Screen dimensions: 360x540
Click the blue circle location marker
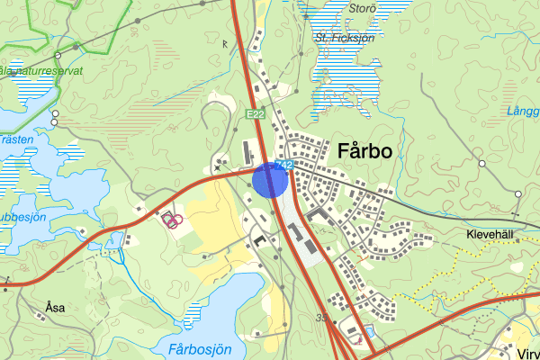[269, 179]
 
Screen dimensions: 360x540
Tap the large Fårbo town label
[365, 151]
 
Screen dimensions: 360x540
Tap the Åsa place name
[55, 307]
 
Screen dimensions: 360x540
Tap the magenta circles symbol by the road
[172, 219]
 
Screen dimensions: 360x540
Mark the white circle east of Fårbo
[481, 163]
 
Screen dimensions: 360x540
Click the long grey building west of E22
[246, 150]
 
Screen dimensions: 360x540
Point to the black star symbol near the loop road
[217, 166]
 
